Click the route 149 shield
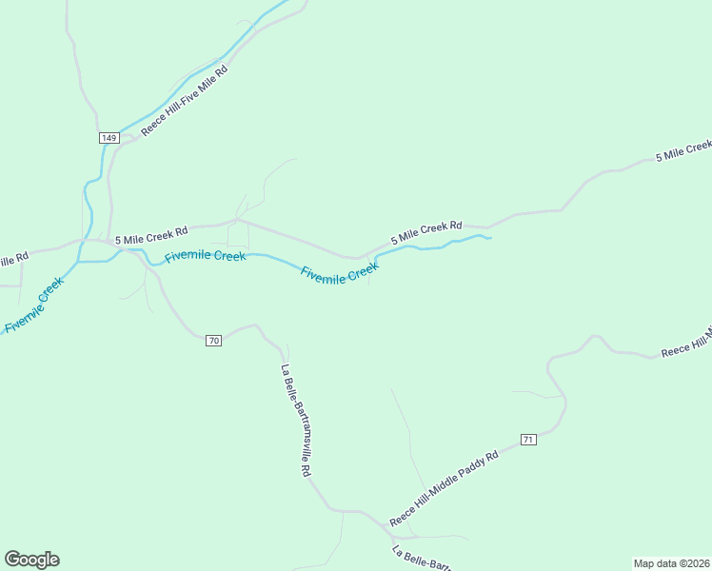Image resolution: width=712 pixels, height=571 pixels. point(109,138)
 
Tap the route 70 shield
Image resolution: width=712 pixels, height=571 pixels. point(213,340)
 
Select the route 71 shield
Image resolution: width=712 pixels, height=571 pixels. point(529,439)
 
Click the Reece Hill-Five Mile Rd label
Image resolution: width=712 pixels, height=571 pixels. point(185,100)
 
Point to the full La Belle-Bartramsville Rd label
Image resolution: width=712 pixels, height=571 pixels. point(296,421)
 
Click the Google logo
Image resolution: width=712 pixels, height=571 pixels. point(31,560)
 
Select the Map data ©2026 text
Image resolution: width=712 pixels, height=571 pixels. point(671,562)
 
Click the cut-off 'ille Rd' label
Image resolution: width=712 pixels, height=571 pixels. point(13,259)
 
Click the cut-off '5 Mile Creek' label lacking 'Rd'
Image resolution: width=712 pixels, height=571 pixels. point(683,150)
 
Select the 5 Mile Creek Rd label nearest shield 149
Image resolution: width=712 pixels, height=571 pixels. point(151,233)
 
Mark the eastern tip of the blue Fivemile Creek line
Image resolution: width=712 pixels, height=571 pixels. point(490,237)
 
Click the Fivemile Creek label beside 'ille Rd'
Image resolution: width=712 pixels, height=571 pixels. point(33,305)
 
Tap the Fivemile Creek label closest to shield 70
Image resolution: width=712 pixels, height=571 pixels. point(205,256)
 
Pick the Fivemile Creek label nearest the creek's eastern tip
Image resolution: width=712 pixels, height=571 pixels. point(340,273)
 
